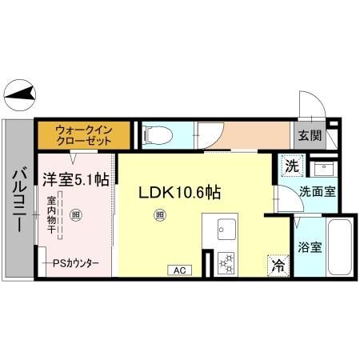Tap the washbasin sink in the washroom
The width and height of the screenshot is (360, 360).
(x=323, y=170)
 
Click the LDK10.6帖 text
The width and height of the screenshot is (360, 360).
(x=180, y=192)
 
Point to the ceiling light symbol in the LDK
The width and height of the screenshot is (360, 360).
(x=160, y=214)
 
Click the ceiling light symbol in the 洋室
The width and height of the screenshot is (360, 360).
(x=75, y=214)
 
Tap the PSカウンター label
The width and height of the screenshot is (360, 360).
(x=76, y=262)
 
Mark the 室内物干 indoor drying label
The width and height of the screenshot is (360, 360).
(x=50, y=214)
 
